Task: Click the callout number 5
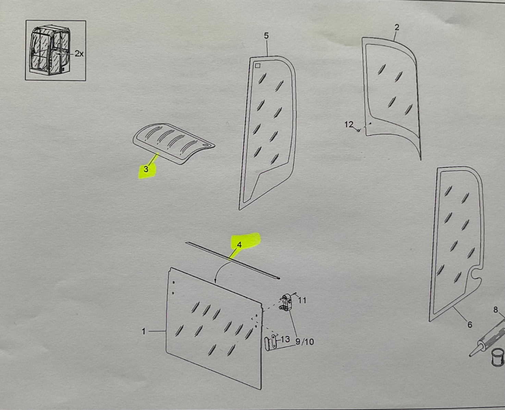tap(266, 36)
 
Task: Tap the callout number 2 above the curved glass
tap(397, 27)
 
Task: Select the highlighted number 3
tap(146, 169)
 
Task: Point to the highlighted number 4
tap(239, 245)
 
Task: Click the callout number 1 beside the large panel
tap(144, 331)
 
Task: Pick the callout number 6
tap(470, 324)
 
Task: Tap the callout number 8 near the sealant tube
tap(495, 310)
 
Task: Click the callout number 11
tap(302, 301)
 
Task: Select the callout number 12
tap(349, 124)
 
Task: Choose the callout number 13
tap(285, 339)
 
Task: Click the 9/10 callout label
tap(305, 342)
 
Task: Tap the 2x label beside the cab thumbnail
tap(79, 54)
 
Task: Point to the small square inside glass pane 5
tap(257, 65)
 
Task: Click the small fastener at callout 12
tap(358, 130)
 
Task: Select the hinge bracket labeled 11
tap(287, 302)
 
